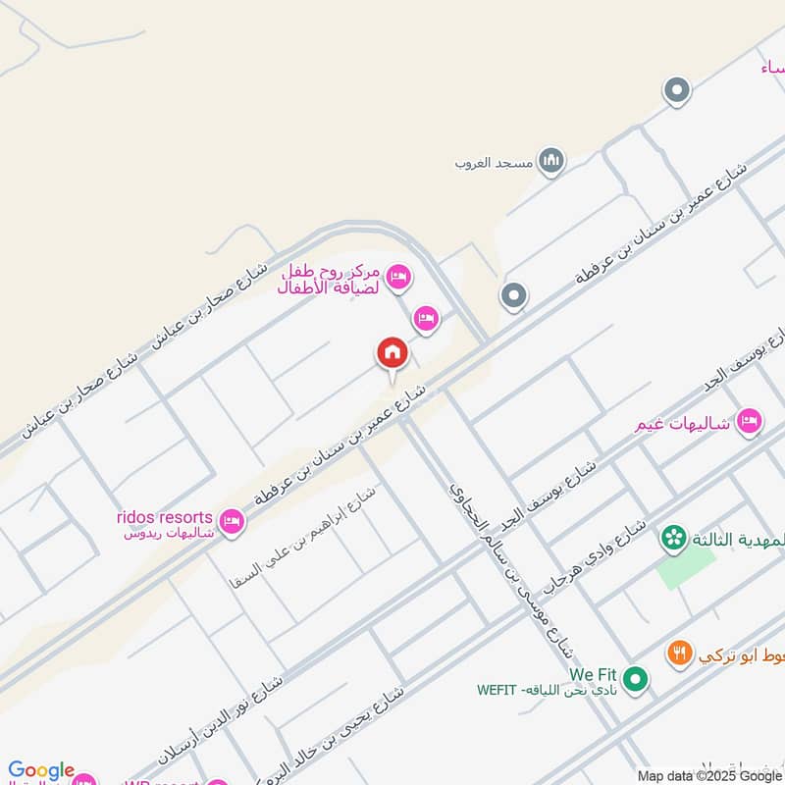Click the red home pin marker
392,353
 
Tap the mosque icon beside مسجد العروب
551,160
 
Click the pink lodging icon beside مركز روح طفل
398,278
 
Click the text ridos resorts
164,516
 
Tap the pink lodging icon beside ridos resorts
233,519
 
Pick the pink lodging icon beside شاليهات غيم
749,420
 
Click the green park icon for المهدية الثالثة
673,537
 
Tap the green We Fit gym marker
636,678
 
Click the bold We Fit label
592,675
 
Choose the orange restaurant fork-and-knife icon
678,653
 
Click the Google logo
41,771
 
